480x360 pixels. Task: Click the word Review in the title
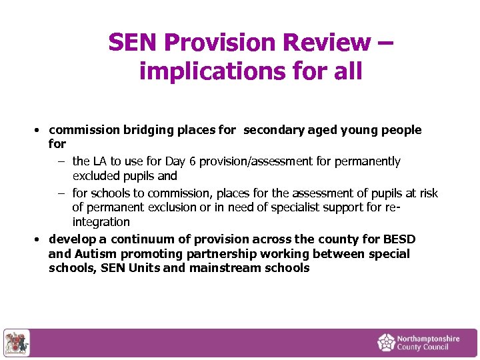point(323,43)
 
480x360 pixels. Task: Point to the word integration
point(101,222)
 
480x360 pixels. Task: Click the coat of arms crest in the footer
point(16,343)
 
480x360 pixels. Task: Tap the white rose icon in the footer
point(386,343)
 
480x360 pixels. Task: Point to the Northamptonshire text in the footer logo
point(429,339)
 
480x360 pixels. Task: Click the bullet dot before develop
point(39,239)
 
